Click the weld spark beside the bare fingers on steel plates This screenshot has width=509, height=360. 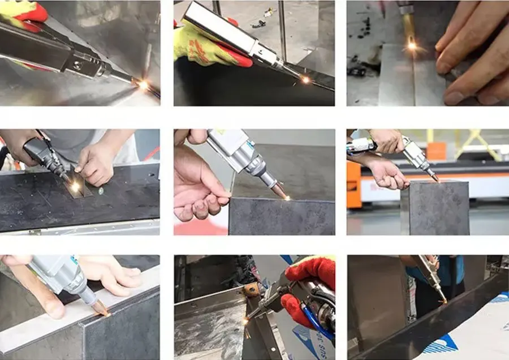411,45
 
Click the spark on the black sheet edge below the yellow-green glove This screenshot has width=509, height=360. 305,80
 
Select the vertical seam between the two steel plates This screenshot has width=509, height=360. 415,79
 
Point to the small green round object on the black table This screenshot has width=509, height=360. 101,191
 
